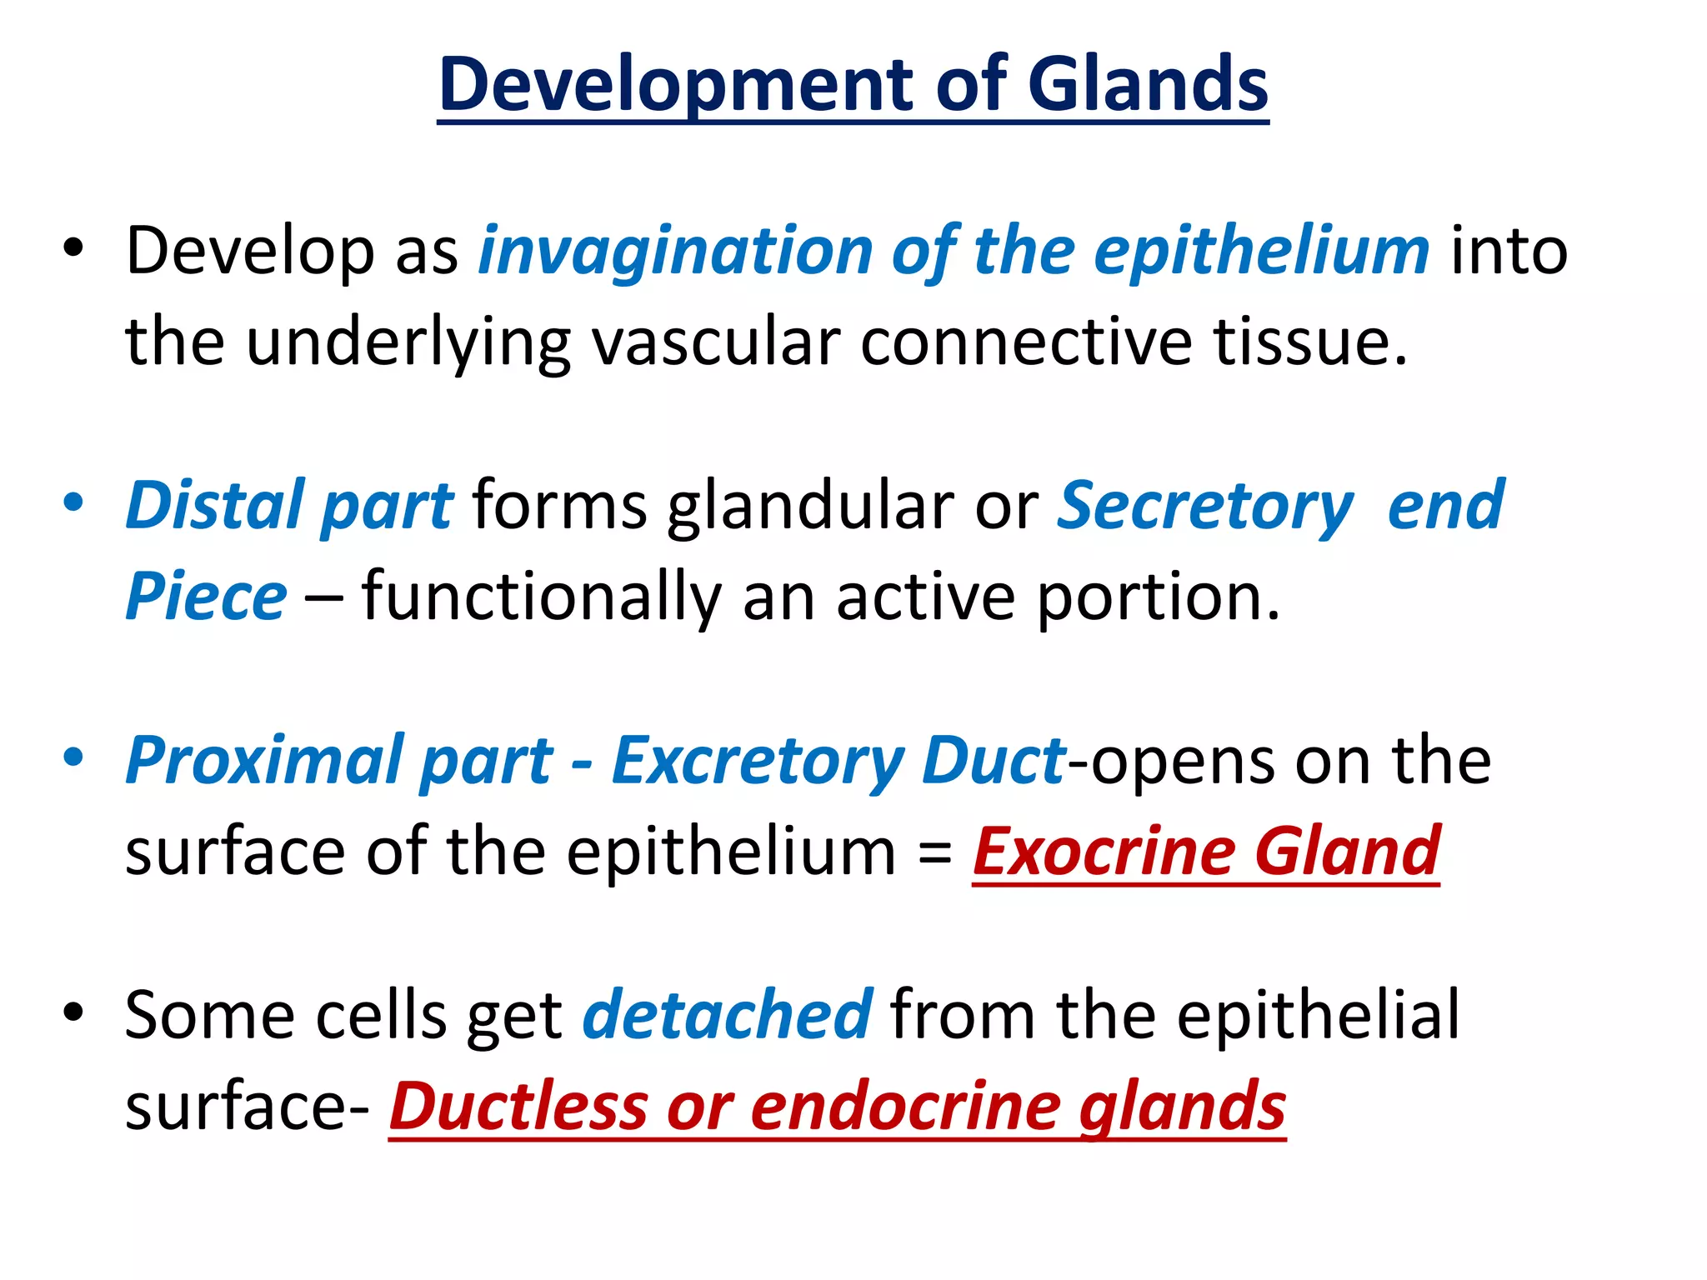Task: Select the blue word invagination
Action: click(x=675, y=252)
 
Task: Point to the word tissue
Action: click(x=1300, y=342)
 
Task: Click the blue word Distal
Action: click(x=214, y=506)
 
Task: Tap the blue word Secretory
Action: click(x=1204, y=506)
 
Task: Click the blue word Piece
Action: click(x=206, y=597)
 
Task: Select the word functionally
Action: click(x=542, y=597)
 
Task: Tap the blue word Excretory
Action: click(x=757, y=761)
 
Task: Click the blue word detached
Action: click(x=727, y=1015)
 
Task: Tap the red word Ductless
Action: click(x=518, y=1107)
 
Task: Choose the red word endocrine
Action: click(x=904, y=1107)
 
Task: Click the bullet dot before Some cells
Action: click(x=73, y=1012)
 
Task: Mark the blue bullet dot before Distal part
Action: click(x=73, y=502)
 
